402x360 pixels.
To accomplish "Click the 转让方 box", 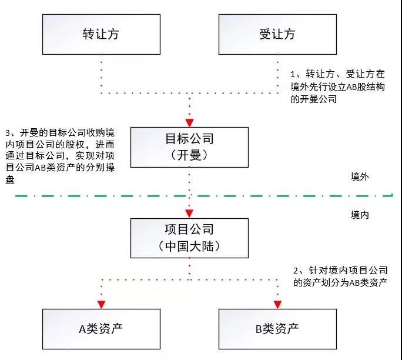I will coord(101,34).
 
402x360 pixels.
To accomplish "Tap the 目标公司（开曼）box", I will coord(189,146).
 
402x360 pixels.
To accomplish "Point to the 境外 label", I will coord(359,176).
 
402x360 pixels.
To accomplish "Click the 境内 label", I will coord(359,215).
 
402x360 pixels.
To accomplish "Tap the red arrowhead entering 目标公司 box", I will coord(189,122).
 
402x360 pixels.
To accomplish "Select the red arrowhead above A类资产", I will coord(101,304).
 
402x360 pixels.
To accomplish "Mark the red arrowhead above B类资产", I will coord(277,304).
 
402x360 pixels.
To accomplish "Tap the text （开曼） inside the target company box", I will coord(189,155).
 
